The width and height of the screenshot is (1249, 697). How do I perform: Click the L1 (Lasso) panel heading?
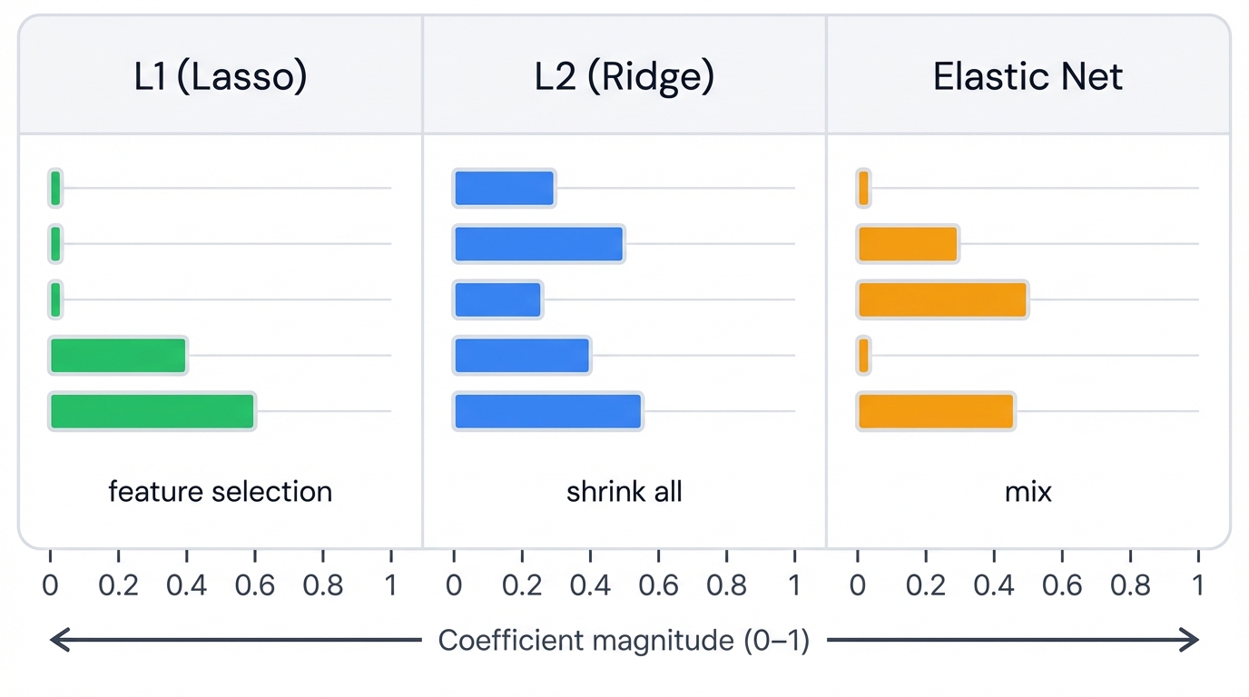point(221,77)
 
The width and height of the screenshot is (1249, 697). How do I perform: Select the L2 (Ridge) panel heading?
point(624,77)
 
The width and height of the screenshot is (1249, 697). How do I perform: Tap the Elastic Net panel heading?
point(1028,77)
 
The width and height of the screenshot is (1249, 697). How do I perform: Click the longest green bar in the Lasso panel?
point(152,411)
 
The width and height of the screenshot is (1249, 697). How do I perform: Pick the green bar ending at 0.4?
point(118,355)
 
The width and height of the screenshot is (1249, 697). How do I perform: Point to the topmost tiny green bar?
point(55,188)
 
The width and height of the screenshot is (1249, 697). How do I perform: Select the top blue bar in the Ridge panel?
point(504,188)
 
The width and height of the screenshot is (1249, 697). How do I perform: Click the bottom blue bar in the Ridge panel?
point(547,411)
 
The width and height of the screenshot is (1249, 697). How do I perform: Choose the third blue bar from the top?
point(497,299)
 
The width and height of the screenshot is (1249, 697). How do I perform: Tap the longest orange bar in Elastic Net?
point(942,299)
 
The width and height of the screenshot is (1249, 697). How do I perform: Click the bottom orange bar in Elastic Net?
point(935,411)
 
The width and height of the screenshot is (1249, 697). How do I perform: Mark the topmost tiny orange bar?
point(863,188)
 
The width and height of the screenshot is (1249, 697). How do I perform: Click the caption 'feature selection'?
point(221,492)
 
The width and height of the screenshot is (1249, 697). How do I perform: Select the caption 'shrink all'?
point(624,492)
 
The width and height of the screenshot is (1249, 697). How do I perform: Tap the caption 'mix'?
point(1028,492)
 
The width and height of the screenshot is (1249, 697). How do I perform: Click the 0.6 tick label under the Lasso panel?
point(255,585)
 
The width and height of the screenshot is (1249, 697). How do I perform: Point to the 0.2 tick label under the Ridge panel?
point(522,585)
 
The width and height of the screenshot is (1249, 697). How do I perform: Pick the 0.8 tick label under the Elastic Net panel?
point(1130,585)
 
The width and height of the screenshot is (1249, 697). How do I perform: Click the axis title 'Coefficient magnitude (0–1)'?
point(624,641)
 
